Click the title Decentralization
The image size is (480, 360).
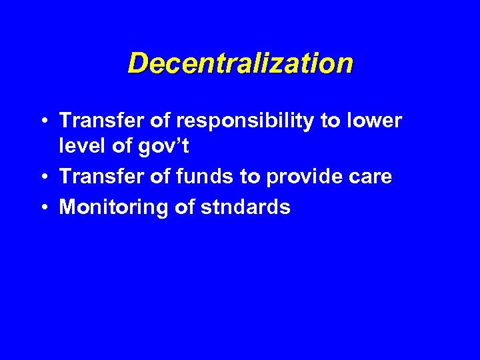coord(240,64)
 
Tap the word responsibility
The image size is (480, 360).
coord(251,122)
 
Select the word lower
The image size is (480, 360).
coord(375,121)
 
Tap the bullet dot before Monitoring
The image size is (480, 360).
coord(44,207)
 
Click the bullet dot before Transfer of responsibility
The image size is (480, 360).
coord(44,122)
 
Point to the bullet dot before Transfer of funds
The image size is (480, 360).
coord(44,177)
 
